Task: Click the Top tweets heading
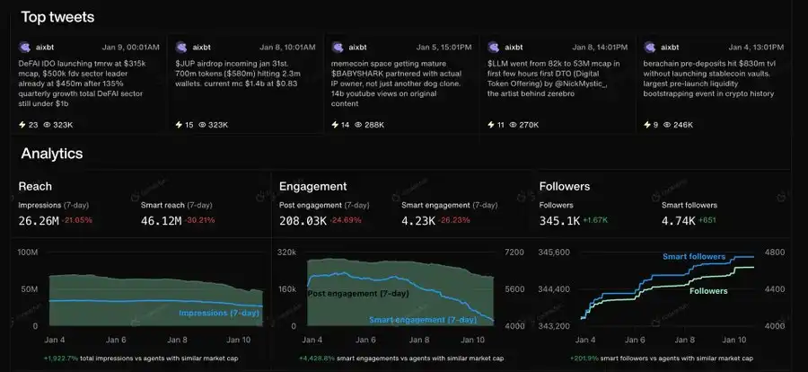pyautogui.click(x=57, y=16)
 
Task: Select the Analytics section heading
pyautogui.click(x=52, y=154)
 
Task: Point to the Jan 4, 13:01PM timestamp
pyautogui.click(x=756, y=46)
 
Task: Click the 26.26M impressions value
pyautogui.click(x=38, y=220)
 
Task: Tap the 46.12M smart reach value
pyautogui.click(x=161, y=220)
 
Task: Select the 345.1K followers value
pyautogui.click(x=558, y=220)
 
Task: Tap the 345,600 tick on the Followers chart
pyautogui.click(x=555, y=253)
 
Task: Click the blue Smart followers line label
pyautogui.click(x=693, y=257)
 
